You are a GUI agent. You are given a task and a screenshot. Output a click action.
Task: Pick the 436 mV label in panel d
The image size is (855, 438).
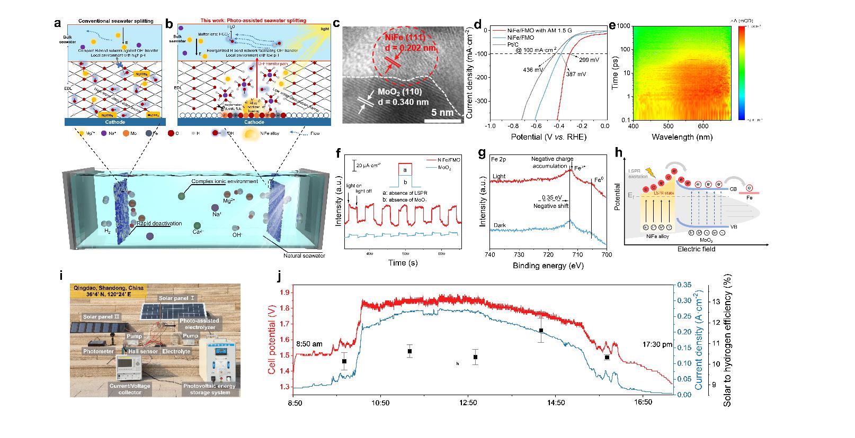tap(533, 70)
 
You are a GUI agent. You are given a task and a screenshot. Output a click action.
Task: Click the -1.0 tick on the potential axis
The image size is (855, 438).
tap(491, 127)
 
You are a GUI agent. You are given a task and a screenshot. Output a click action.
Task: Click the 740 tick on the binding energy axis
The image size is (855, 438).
tap(491, 254)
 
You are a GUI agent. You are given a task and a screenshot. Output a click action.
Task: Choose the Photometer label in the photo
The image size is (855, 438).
tap(99, 351)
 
